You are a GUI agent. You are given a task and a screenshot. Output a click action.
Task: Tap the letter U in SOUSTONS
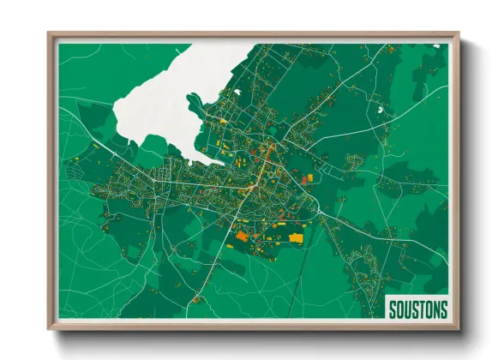click(x=407, y=308)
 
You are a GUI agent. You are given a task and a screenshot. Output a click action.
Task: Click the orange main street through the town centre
click(x=261, y=167)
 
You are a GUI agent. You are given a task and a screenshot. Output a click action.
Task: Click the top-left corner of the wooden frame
click(x=50, y=34)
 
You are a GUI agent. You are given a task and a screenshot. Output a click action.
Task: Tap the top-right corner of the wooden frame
click(x=458, y=34)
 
